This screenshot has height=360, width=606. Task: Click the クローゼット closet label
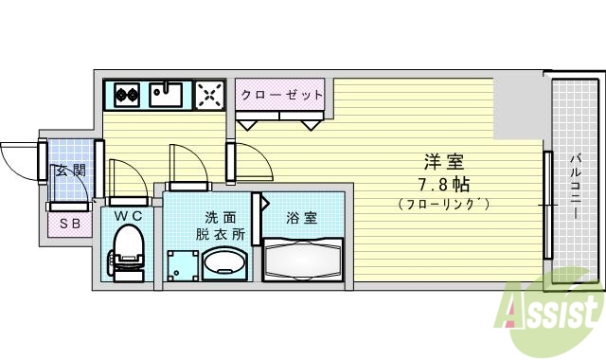(281, 95)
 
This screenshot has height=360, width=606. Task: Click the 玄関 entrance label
(69, 171)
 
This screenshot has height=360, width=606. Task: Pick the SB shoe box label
(69, 224)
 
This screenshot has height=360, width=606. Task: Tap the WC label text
(128, 217)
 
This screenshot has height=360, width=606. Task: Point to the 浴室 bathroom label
(302, 218)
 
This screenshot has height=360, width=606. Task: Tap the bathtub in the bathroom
(302, 260)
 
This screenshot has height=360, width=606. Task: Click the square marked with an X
(209, 95)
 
